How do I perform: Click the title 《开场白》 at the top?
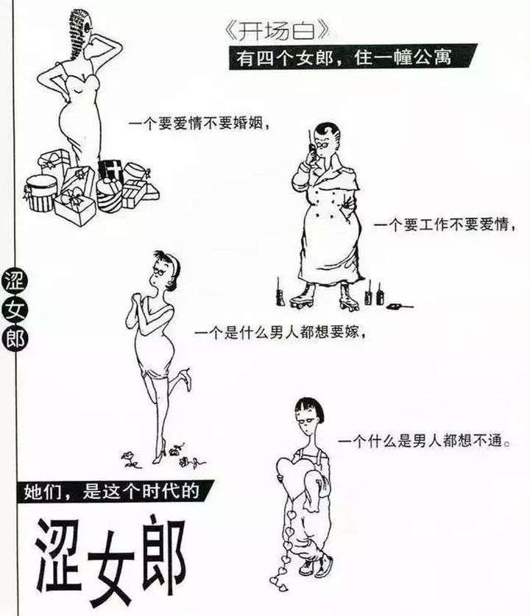(277, 31)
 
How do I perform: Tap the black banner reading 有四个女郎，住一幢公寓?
(353, 57)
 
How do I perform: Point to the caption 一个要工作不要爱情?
(444, 225)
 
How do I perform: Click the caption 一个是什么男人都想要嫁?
(280, 333)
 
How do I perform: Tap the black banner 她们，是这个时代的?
(114, 492)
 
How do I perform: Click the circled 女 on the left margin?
(15, 310)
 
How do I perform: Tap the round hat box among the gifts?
(40, 193)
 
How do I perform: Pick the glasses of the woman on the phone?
(323, 144)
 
